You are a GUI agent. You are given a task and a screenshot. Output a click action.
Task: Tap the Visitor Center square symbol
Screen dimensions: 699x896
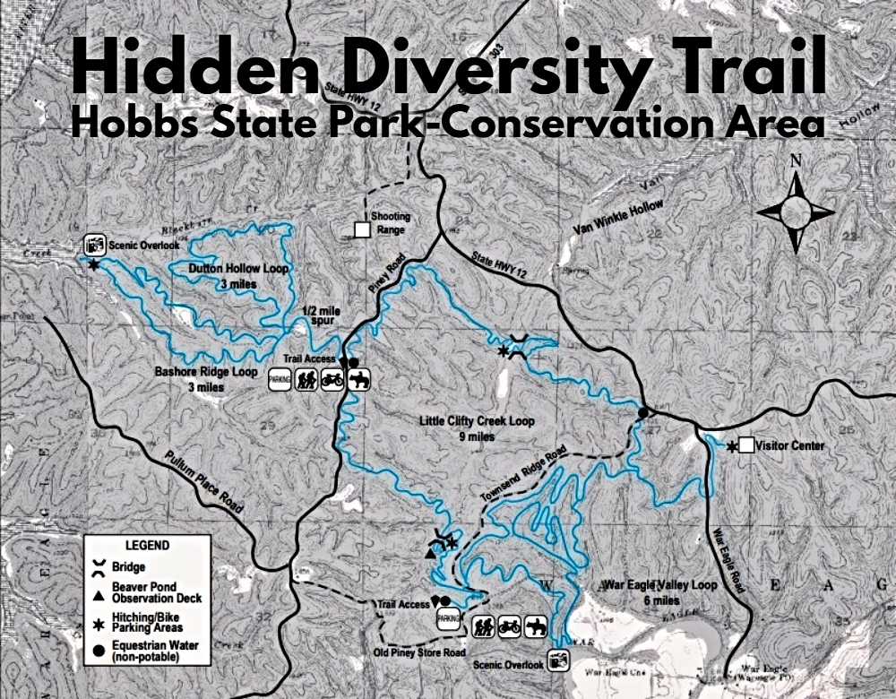point(745,445)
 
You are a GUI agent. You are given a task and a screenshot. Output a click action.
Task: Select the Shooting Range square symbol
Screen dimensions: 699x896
point(362,230)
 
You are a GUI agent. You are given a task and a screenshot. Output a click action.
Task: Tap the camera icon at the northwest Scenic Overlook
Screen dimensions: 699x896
point(94,243)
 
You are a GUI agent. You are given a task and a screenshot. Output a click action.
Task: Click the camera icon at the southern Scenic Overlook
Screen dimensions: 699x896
point(558,662)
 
